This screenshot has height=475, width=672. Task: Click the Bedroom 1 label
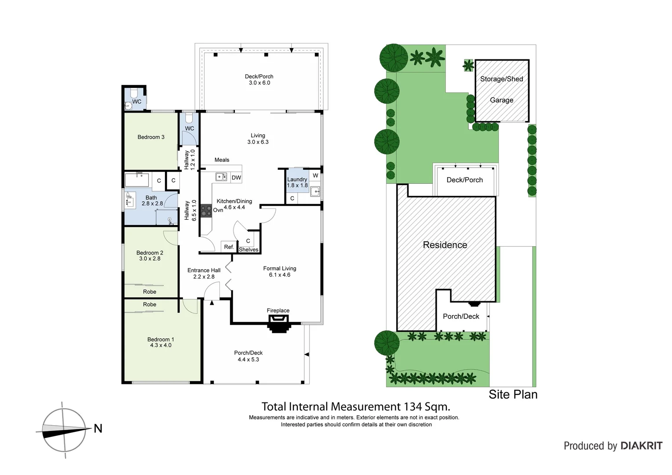point(161,342)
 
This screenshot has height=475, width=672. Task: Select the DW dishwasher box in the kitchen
point(236,178)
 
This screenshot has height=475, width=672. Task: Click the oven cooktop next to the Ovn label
point(206,210)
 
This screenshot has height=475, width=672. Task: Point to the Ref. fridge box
point(229,247)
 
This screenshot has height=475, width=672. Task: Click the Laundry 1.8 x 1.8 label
point(297,182)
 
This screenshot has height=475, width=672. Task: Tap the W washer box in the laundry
point(315,175)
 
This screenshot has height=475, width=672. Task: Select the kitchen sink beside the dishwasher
point(221,177)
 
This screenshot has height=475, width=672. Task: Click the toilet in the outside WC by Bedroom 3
point(134,94)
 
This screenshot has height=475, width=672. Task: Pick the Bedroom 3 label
point(151,137)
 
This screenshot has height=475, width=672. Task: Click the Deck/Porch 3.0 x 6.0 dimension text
point(259,83)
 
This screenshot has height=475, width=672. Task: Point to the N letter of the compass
point(98,428)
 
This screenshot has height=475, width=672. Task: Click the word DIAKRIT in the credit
point(641,446)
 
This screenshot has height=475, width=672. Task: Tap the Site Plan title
point(513,395)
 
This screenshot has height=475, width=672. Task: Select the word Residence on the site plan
point(445,245)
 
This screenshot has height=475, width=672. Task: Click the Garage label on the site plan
point(501,100)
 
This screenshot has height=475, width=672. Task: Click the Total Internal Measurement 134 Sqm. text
point(356,407)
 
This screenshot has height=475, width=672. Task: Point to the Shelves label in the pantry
point(248,250)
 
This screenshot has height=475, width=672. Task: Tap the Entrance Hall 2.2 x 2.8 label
point(204,274)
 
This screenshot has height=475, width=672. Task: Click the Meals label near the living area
point(222,160)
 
